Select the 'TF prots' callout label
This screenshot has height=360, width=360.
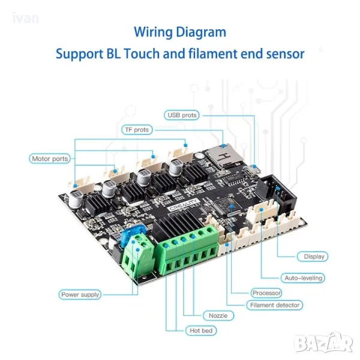[137, 130]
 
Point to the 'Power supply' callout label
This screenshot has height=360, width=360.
[80, 295]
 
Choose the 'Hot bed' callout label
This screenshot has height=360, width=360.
[202, 331]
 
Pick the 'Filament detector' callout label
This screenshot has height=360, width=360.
[274, 305]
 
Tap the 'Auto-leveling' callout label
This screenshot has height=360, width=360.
[303, 278]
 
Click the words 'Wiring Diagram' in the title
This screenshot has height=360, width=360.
[180, 32]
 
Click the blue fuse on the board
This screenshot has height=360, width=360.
[131, 233]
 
